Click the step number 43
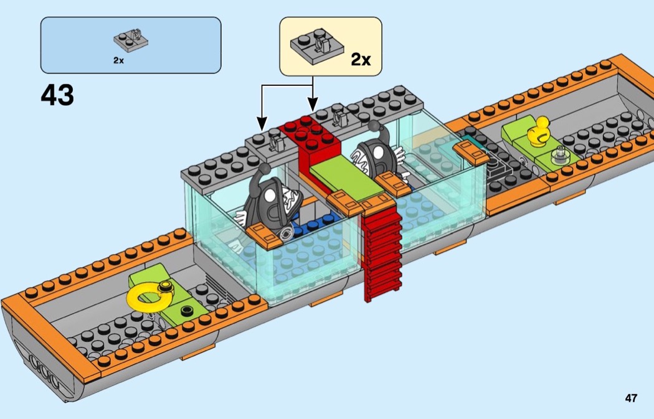click(57, 96)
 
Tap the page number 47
click(631, 398)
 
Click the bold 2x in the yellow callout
click(361, 59)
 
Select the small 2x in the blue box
click(118, 60)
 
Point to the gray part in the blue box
click(130, 40)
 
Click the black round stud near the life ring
click(185, 309)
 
